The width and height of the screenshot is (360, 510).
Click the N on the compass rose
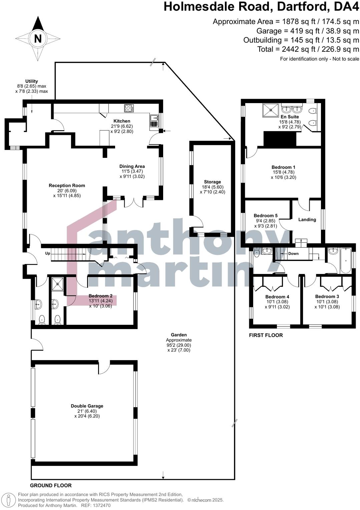38,39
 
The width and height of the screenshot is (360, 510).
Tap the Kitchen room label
122,121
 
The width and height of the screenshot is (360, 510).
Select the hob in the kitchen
129,108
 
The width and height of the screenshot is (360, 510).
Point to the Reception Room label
67,186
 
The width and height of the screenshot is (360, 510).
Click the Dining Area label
132,166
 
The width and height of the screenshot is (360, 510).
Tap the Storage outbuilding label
213,182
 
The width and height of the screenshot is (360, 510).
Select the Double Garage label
87,406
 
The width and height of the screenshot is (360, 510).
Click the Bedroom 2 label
100,296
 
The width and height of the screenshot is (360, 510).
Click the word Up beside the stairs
48,253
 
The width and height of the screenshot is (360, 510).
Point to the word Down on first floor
294,254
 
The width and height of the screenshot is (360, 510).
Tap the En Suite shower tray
271,110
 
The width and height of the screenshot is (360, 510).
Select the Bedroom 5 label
266,216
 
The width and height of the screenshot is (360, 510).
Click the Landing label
307,219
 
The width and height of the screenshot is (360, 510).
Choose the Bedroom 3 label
327,296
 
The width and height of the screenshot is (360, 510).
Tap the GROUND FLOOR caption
51,485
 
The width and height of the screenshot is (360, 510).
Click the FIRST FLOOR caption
266,335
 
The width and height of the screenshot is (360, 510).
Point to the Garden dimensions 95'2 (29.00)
179,345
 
